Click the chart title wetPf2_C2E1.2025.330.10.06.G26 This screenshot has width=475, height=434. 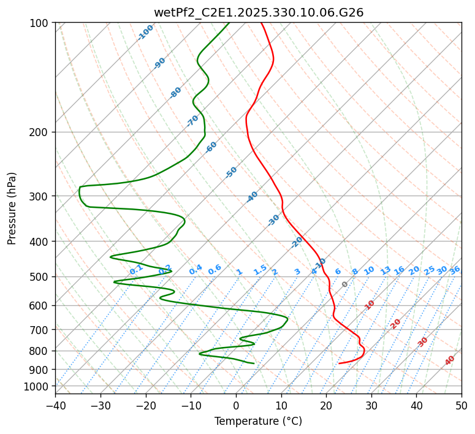(258, 12)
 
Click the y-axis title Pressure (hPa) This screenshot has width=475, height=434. (12, 208)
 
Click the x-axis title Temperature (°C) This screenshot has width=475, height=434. (258, 421)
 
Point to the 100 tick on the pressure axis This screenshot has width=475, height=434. (40, 23)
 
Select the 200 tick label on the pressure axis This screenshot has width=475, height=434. (40, 132)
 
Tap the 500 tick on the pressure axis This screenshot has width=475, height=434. (40, 276)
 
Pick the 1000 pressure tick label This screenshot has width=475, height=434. (38, 386)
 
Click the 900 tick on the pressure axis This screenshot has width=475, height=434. (40, 369)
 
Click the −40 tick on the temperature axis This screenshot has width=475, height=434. (55, 405)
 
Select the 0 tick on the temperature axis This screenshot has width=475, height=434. (236, 405)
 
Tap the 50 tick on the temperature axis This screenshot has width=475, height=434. (462, 405)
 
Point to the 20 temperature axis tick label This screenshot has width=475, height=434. (326, 405)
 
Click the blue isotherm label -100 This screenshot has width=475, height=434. (146, 32)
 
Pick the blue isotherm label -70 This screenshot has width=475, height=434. (193, 120)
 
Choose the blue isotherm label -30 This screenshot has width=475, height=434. (273, 220)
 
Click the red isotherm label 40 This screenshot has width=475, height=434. (450, 360)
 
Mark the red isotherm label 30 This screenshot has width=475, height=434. (423, 341)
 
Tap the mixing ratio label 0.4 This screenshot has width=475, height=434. (196, 270)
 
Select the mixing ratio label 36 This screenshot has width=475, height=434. (455, 270)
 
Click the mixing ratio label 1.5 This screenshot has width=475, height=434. (260, 270)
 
